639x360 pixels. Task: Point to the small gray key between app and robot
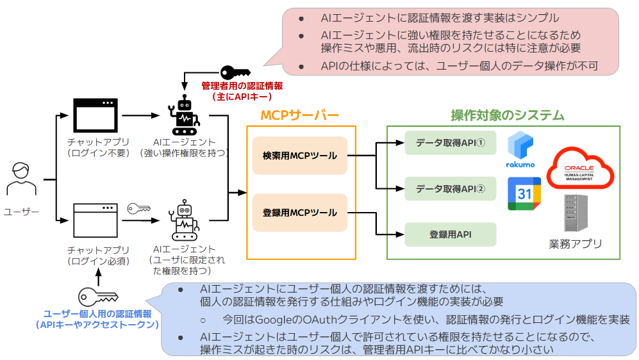[x=138, y=208]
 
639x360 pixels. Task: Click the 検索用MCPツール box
[x=299, y=155]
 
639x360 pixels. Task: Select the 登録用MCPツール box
[x=299, y=213]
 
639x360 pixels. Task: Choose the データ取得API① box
[x=450, y=143]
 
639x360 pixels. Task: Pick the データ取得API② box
[x=450, y=189]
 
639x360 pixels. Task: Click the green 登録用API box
[x=450, y=234]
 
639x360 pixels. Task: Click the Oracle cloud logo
[x=580, y=167]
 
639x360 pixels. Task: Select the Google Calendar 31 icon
[x=524, y=194]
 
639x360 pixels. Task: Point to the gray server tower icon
[x=575, y=213]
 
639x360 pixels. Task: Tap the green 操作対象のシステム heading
[x=507, y=115]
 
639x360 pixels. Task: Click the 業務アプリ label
[x=575, y=243]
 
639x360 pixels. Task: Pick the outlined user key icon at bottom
[x=97, y=296]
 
